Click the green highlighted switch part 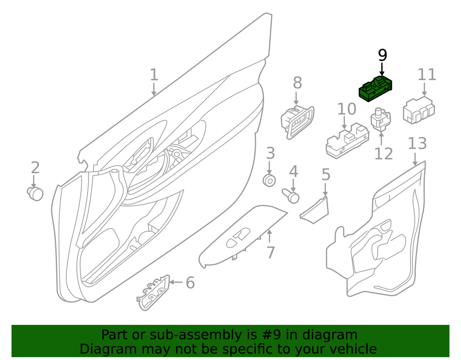pyautogui.click(x=375, y=89)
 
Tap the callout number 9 pyautogui.click(x=382, y=55)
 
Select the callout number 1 pyautogui.click(x=154, y=75)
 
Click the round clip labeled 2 pyautogui.click(x=35, y=194)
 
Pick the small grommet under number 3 pyautogui.click(x=269, y=180)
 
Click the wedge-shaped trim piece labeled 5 pyautogui.click(x=314, y=210)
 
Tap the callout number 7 pyautogui.click(x=271, y=252)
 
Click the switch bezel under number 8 pyautogui.click(x=297, y=122)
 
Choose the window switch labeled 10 pyautogui.click(x=347, y=140)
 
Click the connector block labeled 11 pyautogui.click(x=419, y=110)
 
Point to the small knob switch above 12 pyautogui.click(x=381, y=119)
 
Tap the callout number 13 pyautogui.click(x=418, y=144)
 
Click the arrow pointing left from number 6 pyautogui.click(x=176, y=282)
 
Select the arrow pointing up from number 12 pyautogui.click(x=381, y=139)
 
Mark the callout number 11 pyautogui.click(x=427, y=75)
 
